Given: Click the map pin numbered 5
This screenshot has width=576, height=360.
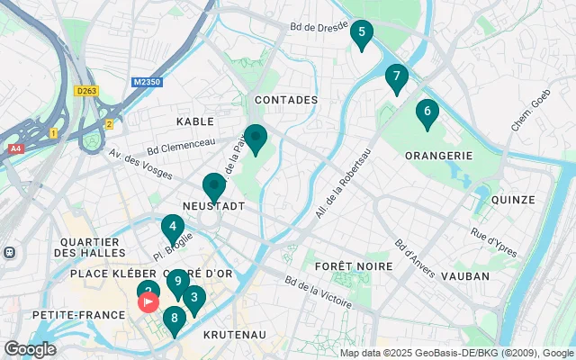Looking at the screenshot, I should point(361,35).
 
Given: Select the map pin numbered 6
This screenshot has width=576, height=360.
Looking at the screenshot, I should point(427,112).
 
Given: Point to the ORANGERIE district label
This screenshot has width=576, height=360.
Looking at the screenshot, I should point(439,155).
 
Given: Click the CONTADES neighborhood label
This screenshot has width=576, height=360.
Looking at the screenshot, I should point(286,100).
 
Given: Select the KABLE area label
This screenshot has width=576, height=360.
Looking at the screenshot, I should point(195,121).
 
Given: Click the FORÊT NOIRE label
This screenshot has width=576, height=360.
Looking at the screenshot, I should point(354,267).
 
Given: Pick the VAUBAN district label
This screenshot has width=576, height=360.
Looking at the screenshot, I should point(465,276).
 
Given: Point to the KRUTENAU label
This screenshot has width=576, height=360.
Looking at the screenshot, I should point(233,334).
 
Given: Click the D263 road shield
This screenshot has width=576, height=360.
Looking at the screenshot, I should point(86,90).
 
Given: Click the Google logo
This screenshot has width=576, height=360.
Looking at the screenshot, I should point(30,348).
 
